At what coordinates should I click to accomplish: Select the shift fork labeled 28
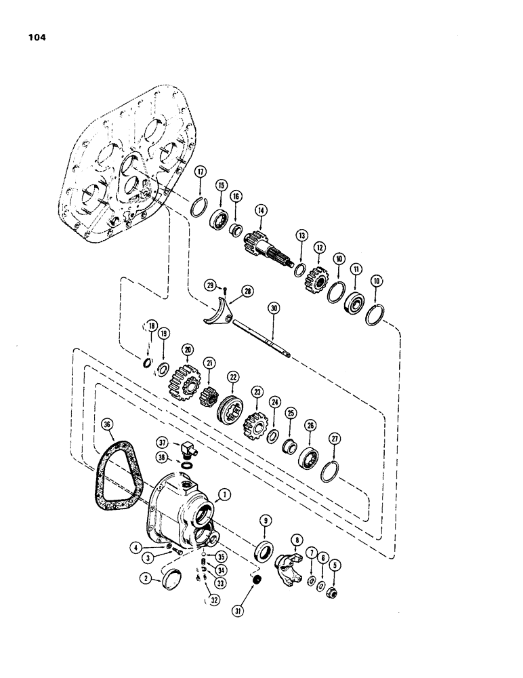217,311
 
